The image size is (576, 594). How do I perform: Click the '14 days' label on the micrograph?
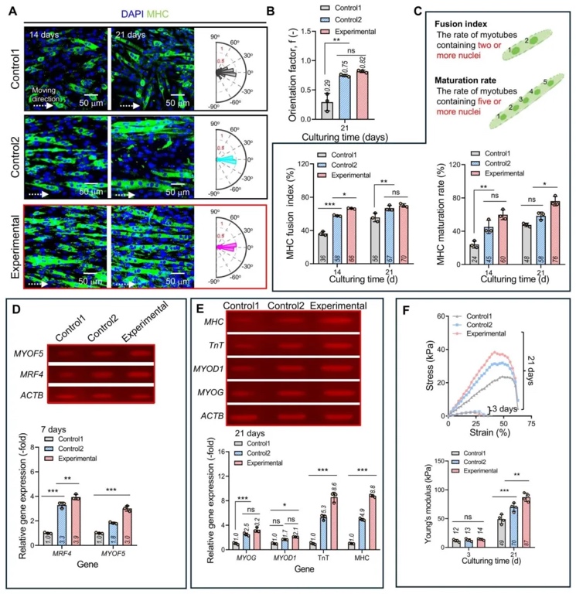46,35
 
